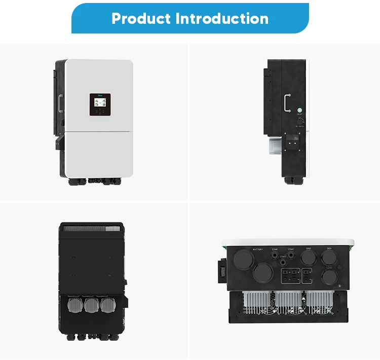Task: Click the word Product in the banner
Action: pyautogui.click(x=141, y=19)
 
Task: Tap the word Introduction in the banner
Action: pyautogui.click(x=222, y=19)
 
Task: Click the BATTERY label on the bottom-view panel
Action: pyautogui.click(x=258, y=249)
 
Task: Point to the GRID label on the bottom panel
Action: pyautogui.click(x=308, y=249)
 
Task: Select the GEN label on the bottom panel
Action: pyautogui.click(x=329, y=249)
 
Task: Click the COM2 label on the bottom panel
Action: pyautogui.click(x=290, y=249)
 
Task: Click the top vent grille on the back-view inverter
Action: pyautogui.click(x=91, y=229)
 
